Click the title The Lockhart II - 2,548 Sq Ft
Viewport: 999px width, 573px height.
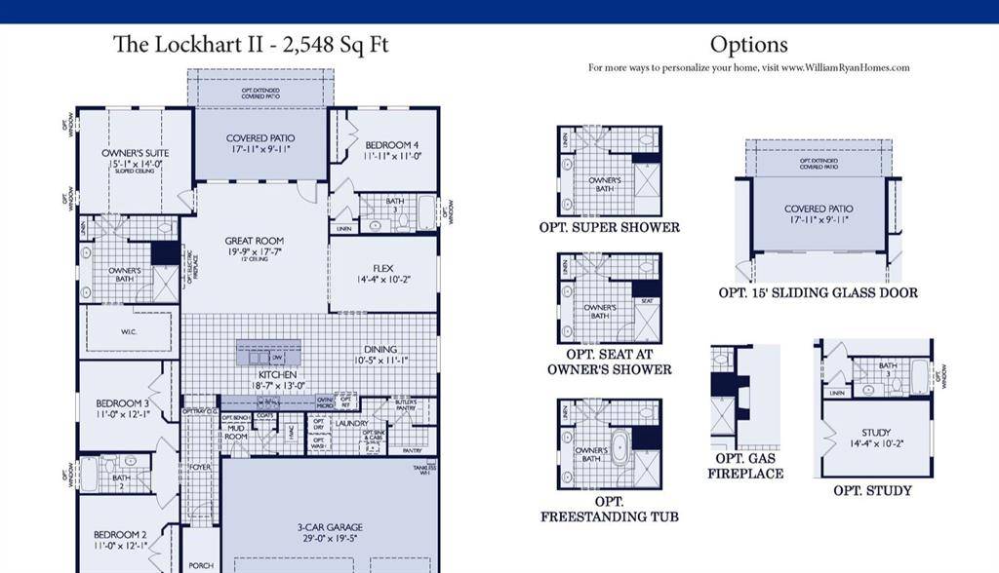click(251, 45)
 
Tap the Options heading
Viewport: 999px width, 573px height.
click(748, 45)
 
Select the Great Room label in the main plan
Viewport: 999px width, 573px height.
click(254, 241)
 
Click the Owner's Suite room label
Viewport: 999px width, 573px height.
click(135, 153)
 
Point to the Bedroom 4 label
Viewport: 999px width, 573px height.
click(392, 145)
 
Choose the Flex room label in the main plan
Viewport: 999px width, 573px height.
click(382, 269)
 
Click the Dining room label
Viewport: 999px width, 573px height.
click(380, 350)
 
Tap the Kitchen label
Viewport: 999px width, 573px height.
click(277, 375)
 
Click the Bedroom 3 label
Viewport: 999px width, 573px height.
click(122, 403)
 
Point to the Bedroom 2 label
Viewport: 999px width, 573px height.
click(120, 534)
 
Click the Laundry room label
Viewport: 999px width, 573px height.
click(350, 424)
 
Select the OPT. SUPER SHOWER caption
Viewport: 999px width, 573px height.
click(609, 227)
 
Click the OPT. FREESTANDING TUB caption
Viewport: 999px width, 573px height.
click(609, 509)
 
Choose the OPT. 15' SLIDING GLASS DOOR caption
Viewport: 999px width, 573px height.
click(818, 292)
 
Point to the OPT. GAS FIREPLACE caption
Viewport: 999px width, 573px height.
click(749, 466)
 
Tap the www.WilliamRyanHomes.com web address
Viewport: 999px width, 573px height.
click(845, 68)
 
